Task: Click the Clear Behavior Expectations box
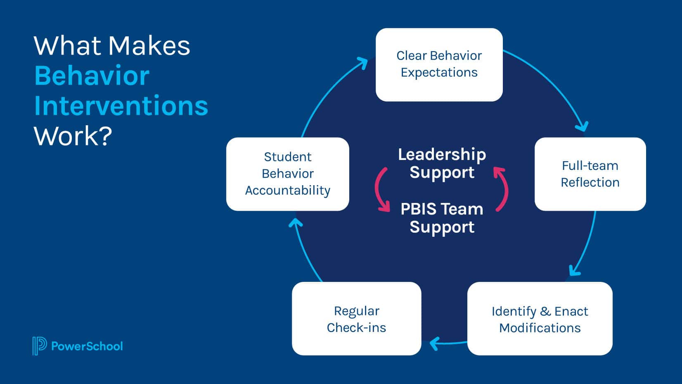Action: (439, 64)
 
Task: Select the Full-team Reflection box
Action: (590, 174)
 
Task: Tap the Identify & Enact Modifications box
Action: (540, 319)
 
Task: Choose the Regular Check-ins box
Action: (356, 319)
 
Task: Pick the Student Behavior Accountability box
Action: (288, 174)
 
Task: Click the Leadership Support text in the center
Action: (442, 163)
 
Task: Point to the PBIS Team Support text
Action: (442, 218)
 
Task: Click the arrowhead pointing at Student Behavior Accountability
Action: (295, 224)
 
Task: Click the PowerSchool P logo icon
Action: (39, 346)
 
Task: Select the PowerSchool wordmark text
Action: (87, 346)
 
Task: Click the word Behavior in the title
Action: (92, 76)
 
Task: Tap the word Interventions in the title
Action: (121, 106)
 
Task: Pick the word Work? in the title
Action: (73, 136)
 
